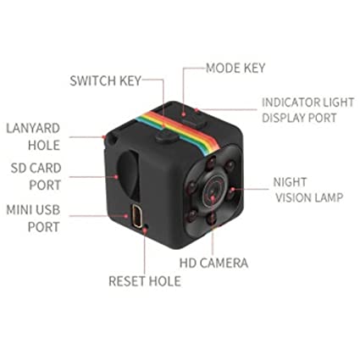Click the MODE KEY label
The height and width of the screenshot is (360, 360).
pyautogui.click(x=235, y=68)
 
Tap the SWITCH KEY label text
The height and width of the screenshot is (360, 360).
pyautogui.click(x=106, y=80)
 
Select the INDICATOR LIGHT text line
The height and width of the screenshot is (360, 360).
pyautogui.click(x=307, y=102)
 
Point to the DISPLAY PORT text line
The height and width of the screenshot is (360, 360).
pyautogui.click(x=299, y=118)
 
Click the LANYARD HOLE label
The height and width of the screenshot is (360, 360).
pyautogui.click(x=33, y=136)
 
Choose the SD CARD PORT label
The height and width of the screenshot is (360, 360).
pyautogui.click(x=36, y=176)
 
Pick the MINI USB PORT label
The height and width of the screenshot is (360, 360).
pyautogui.click(x=33, y=219)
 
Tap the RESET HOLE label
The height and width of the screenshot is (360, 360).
pyautogui.click(x=145, y=281)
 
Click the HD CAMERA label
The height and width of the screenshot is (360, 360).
pyautogui.click(x=214, y=263)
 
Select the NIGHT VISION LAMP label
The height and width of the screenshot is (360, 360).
pyautogui.click(x=308, y=190)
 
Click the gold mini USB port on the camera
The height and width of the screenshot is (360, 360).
pyautogui.click(x=137, y=216)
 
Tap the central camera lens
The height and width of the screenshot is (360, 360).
pyautogui.click(x=213, y=191)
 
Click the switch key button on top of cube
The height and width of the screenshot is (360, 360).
pyautogui.click(x=166, y=136)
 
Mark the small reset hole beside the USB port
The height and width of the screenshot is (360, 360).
pyautogui.click(x=147, y=226)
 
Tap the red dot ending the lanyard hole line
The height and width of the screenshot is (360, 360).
pyautogui.click(x=104, y=137)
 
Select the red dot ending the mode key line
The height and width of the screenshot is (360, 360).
pyautogui.click(x=183, y=114)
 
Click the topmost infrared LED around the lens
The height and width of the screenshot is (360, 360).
pyautogui.click(x=212, y=162)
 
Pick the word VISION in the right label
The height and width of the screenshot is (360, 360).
pyautogui.click(x=293, y=197)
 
